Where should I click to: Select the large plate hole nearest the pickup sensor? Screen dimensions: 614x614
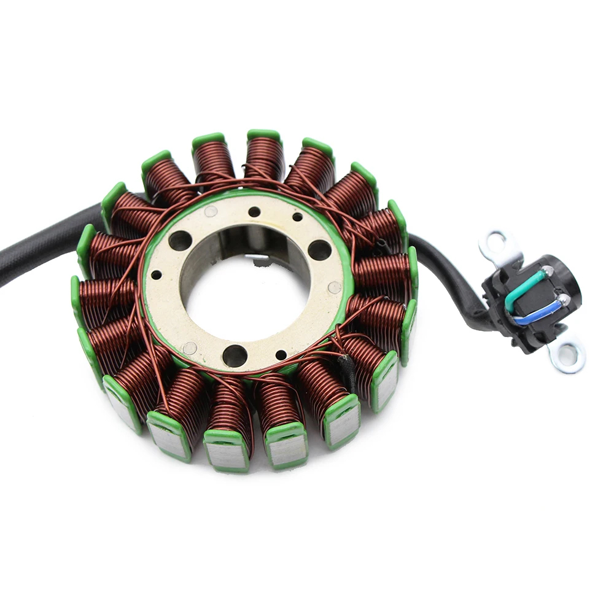tap(319, 250)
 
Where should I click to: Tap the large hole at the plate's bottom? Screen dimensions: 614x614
tap(235, 355)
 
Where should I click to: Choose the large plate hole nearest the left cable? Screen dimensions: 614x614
tap(180, 241)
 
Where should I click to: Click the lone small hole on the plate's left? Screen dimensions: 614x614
tap(156, 275)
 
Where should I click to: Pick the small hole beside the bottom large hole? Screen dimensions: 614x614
tap(281, 355)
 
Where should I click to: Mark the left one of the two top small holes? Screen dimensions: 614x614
tap(254, 212)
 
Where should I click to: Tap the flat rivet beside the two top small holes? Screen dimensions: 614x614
tap(211, 212)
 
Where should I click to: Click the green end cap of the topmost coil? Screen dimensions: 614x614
tap(264, 134)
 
